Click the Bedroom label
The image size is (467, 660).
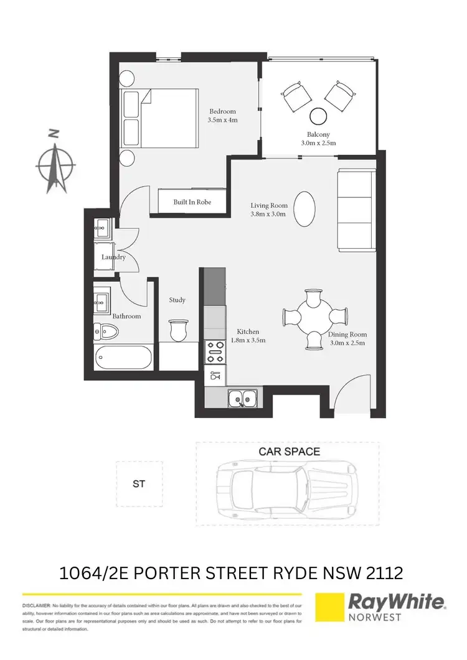click(x=222, y=112)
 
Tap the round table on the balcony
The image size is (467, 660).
click(x=319, y=116)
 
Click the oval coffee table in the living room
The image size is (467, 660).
click(x=303, y=208)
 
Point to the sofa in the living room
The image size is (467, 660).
click(x=356, y=210)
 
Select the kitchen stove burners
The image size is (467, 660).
click(x=215, y=351)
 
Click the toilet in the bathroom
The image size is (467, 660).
click(x=106, y=332)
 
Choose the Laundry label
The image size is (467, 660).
click(x=114, y=257)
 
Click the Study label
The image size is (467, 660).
click(x=177, y=300)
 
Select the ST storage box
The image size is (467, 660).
click(x=139, y=483)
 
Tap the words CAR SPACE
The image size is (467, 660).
click(x=289, y=452)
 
